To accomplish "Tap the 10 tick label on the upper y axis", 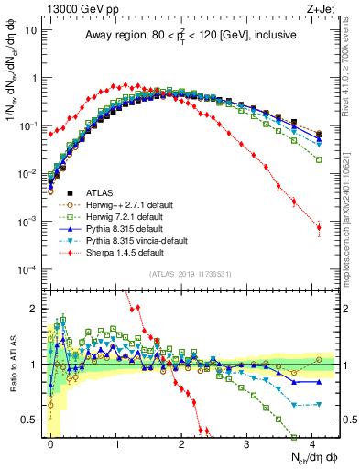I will (x=28, y=30).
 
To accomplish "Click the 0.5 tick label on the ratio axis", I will (x=28, y=420).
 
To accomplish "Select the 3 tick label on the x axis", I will (x=246, y=443).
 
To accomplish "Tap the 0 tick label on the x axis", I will (x=51, y=443).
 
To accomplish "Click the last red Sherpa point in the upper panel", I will (x=319, y=228).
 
